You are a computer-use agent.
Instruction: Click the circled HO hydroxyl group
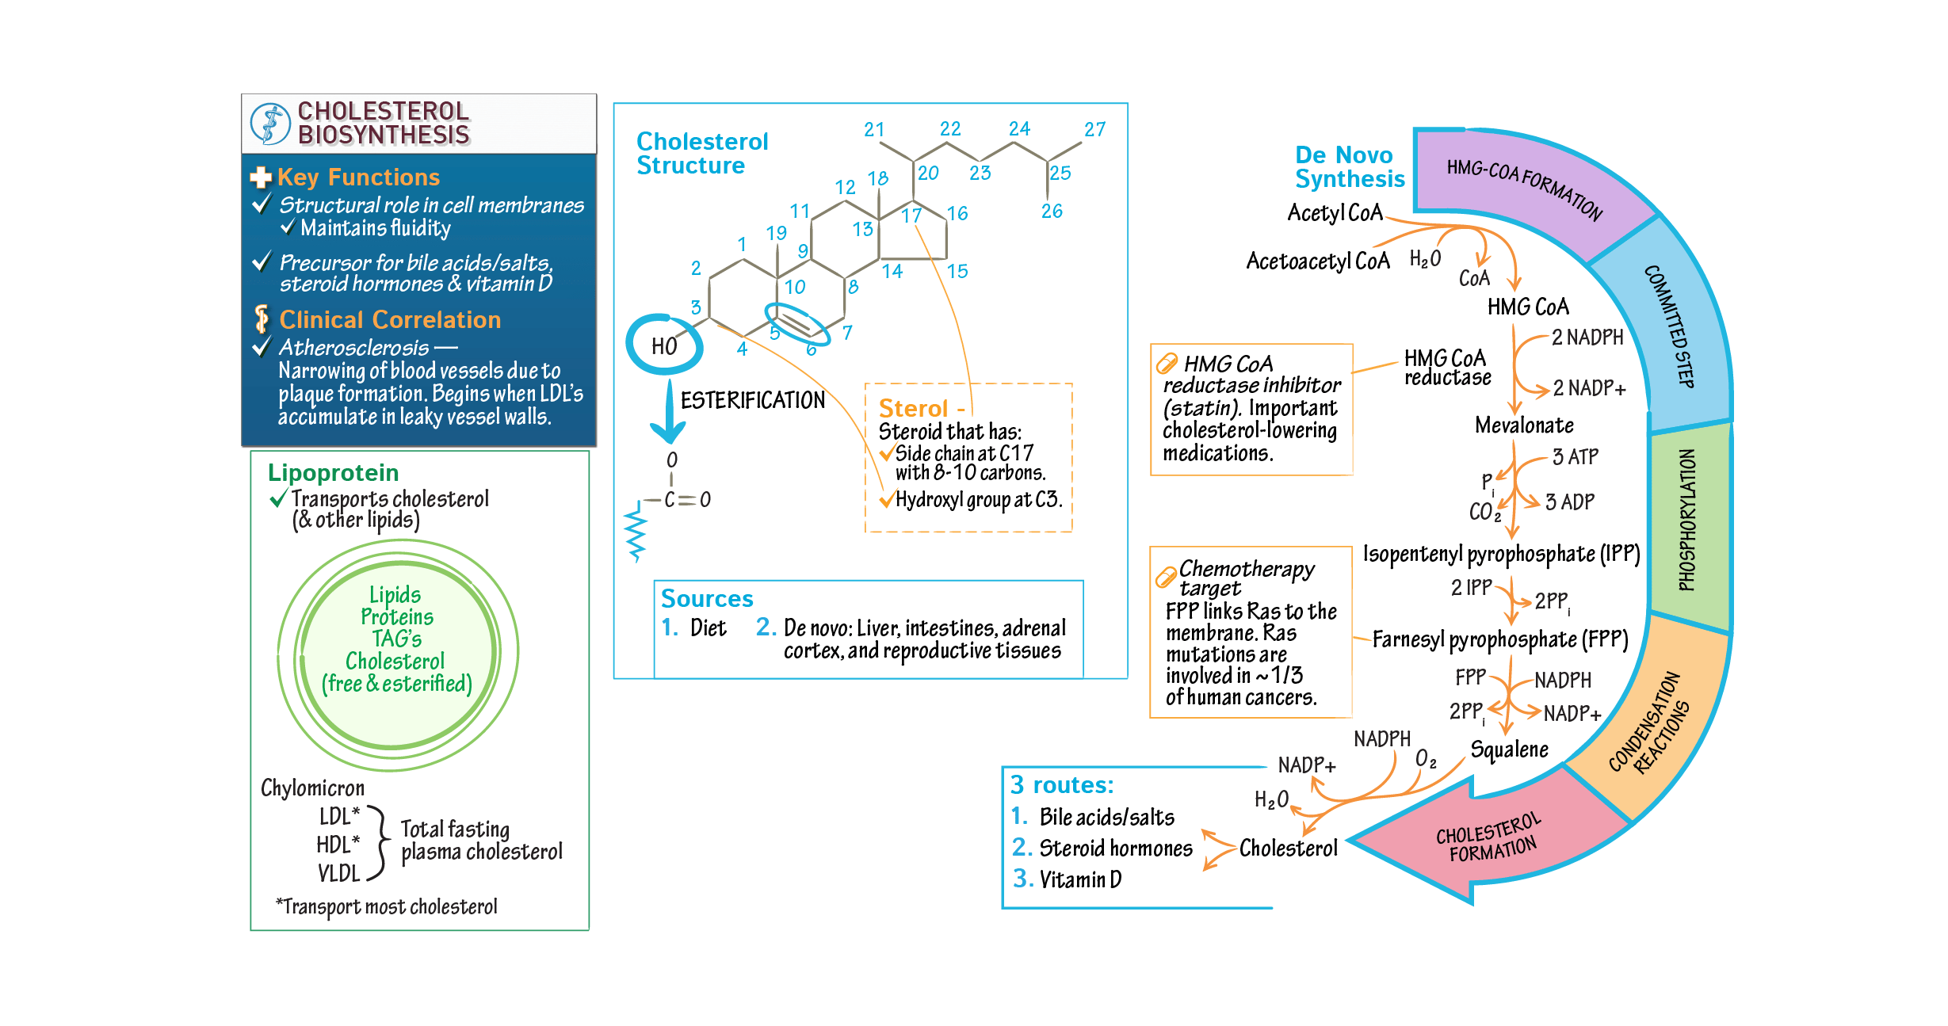[664, 345]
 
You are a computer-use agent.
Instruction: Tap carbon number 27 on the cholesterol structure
[1094, 129]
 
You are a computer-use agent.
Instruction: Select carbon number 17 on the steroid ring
[911, 215]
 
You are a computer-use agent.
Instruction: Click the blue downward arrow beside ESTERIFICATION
[668, 412]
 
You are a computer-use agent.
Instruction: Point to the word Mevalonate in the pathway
[1524, 425]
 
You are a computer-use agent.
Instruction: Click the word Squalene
[1509, 749]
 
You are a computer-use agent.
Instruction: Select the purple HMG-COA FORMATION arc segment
[1522, 190]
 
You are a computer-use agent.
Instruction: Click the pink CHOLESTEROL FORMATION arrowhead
[1474, 840]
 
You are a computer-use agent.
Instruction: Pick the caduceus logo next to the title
[270, 124]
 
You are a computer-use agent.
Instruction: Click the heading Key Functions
[358, 177]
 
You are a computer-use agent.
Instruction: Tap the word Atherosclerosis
[353, 348]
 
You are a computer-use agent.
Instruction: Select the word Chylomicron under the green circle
[312, 788]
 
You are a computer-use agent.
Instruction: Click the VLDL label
[339, 873]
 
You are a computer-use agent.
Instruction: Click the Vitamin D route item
[1079, 879]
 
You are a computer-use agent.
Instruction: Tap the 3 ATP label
[1575, 457]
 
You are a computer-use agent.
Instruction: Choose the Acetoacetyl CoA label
[1317, 261]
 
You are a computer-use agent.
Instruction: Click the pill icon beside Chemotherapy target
[1166, 578]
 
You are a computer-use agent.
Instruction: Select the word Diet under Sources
[708, 628]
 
